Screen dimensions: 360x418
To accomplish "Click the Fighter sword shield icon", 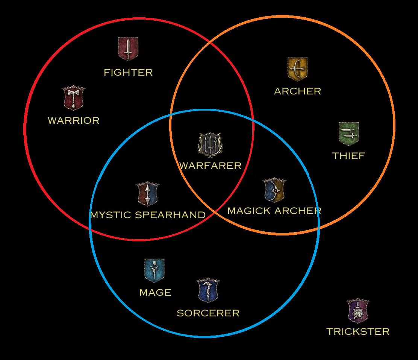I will click(x=128, y=49).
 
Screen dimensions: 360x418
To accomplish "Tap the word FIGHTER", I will click(x=128, y=72).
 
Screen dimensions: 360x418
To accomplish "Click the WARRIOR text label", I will click(x=74, y=121).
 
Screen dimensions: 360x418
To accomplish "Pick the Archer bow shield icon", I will click(x=297, y=69).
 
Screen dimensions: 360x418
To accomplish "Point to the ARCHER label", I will click(x=297, y=91).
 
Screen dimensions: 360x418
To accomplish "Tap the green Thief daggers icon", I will click(x=348, y=134).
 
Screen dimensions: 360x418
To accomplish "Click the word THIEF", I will click(x=348, y=156).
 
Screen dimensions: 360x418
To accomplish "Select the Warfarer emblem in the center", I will click(x=210, y=144).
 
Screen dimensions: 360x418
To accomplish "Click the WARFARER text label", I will click(x=210, y=166).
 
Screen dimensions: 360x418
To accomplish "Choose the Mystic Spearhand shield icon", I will click(x=148, y=194).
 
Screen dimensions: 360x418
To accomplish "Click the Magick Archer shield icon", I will click(x=274, y=190).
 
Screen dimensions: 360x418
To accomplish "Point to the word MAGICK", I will click(x=246, y=211).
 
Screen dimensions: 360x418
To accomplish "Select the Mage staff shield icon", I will click(x=154, y=270).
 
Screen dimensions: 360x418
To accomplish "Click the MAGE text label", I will click(x=155, y=293).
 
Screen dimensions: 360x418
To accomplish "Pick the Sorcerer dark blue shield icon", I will click(x=208, y=290).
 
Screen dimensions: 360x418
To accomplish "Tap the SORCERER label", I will click(x=208, y=313).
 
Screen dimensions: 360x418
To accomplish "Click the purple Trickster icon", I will click(x=357, y=311).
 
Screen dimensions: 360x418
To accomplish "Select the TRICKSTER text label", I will click(x=358, y=331).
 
